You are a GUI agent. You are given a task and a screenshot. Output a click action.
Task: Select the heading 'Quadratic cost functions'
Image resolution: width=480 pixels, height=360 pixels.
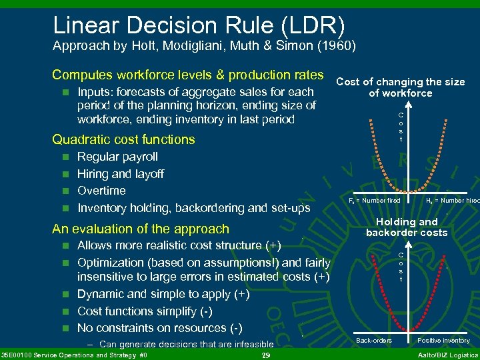coord(123,139)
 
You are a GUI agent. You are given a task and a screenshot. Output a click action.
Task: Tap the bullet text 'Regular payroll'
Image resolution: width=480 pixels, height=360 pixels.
coord(117,157)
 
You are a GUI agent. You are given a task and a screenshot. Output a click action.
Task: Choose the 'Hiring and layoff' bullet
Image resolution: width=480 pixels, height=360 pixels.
coord(121,174)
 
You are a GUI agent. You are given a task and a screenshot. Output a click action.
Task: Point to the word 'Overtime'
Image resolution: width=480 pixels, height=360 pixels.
coord(101,191)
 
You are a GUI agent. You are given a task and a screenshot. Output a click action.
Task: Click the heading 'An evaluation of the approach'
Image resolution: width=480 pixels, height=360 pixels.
coord(140,229)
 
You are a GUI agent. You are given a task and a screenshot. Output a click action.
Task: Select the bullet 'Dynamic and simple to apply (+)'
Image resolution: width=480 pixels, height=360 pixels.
coord(163,294)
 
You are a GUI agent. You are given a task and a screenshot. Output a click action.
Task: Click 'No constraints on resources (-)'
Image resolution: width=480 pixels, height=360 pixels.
coord(161,328)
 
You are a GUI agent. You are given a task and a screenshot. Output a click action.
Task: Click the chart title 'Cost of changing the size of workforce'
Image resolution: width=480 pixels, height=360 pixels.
coord(400,87)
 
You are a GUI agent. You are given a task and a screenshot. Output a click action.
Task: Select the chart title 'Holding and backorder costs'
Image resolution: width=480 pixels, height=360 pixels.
coord(407,227)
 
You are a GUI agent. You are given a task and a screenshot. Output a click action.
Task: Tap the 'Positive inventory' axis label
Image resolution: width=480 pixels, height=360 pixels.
coord(443,341)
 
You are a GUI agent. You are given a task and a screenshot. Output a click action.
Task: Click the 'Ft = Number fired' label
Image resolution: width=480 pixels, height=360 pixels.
coord(375,201)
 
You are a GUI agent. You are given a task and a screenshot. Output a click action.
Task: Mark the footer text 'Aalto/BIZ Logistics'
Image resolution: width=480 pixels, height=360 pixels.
coord(446,355)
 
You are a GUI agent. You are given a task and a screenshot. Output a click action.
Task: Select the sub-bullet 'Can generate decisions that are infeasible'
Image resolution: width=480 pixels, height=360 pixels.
coord(186,345)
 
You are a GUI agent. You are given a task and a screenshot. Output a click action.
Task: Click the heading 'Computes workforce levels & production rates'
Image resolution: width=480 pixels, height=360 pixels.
coord(187,75)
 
